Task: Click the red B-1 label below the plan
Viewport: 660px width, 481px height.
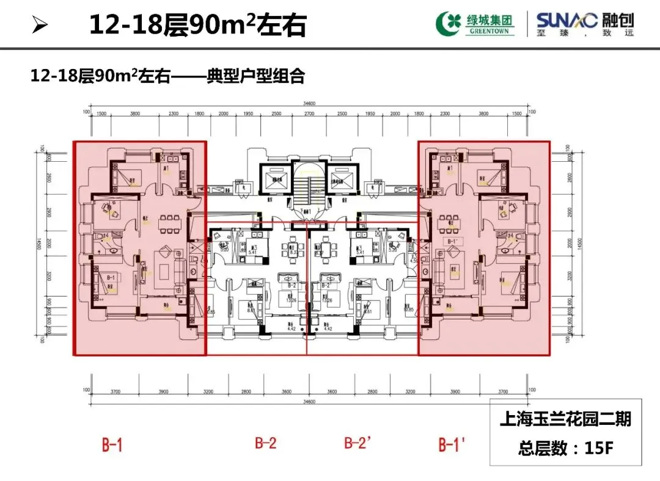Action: (x=112, y=445)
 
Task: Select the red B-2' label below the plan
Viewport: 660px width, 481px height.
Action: (x=358, y=444)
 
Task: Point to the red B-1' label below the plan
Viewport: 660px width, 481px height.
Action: (x=452, y=445)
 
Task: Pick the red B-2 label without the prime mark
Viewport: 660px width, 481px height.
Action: (x=266, y=444)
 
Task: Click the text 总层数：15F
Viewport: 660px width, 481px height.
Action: (x=565, y=449)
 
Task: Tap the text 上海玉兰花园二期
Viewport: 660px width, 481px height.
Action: (x=565, y=420)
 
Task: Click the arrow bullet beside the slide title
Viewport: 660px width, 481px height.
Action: (x=40, y=26)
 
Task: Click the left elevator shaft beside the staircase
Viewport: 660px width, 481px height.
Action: (x=277, y=177)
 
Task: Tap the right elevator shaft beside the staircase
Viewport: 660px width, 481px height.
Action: (x=340, y=177)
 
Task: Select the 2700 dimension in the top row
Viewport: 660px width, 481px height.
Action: (x=309, y=114)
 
